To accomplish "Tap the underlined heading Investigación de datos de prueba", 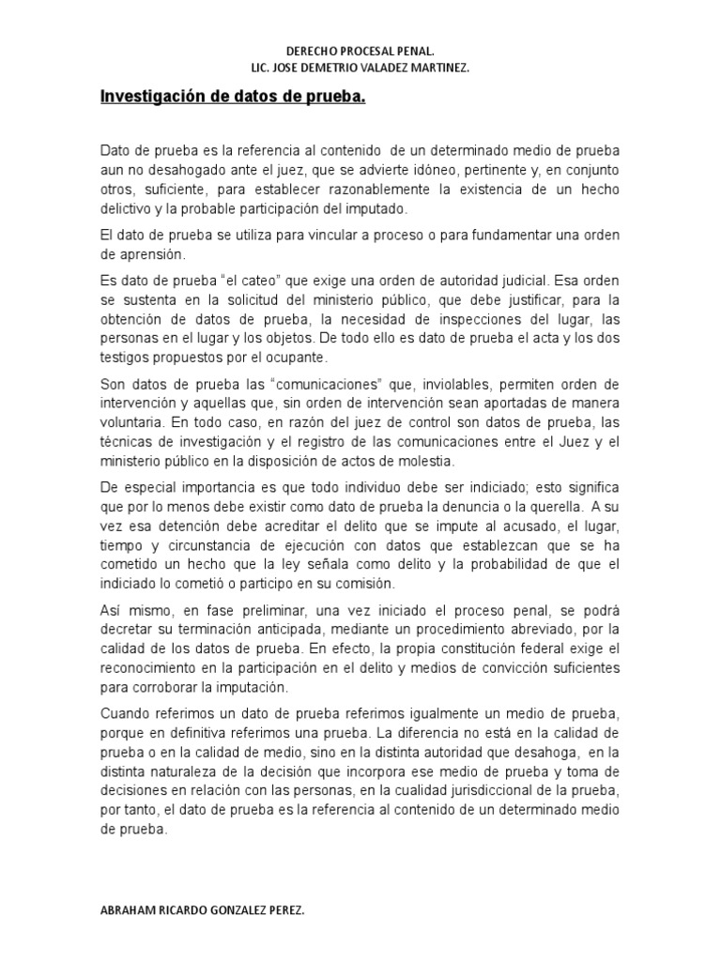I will (232, 97).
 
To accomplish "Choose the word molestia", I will (427, 462).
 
